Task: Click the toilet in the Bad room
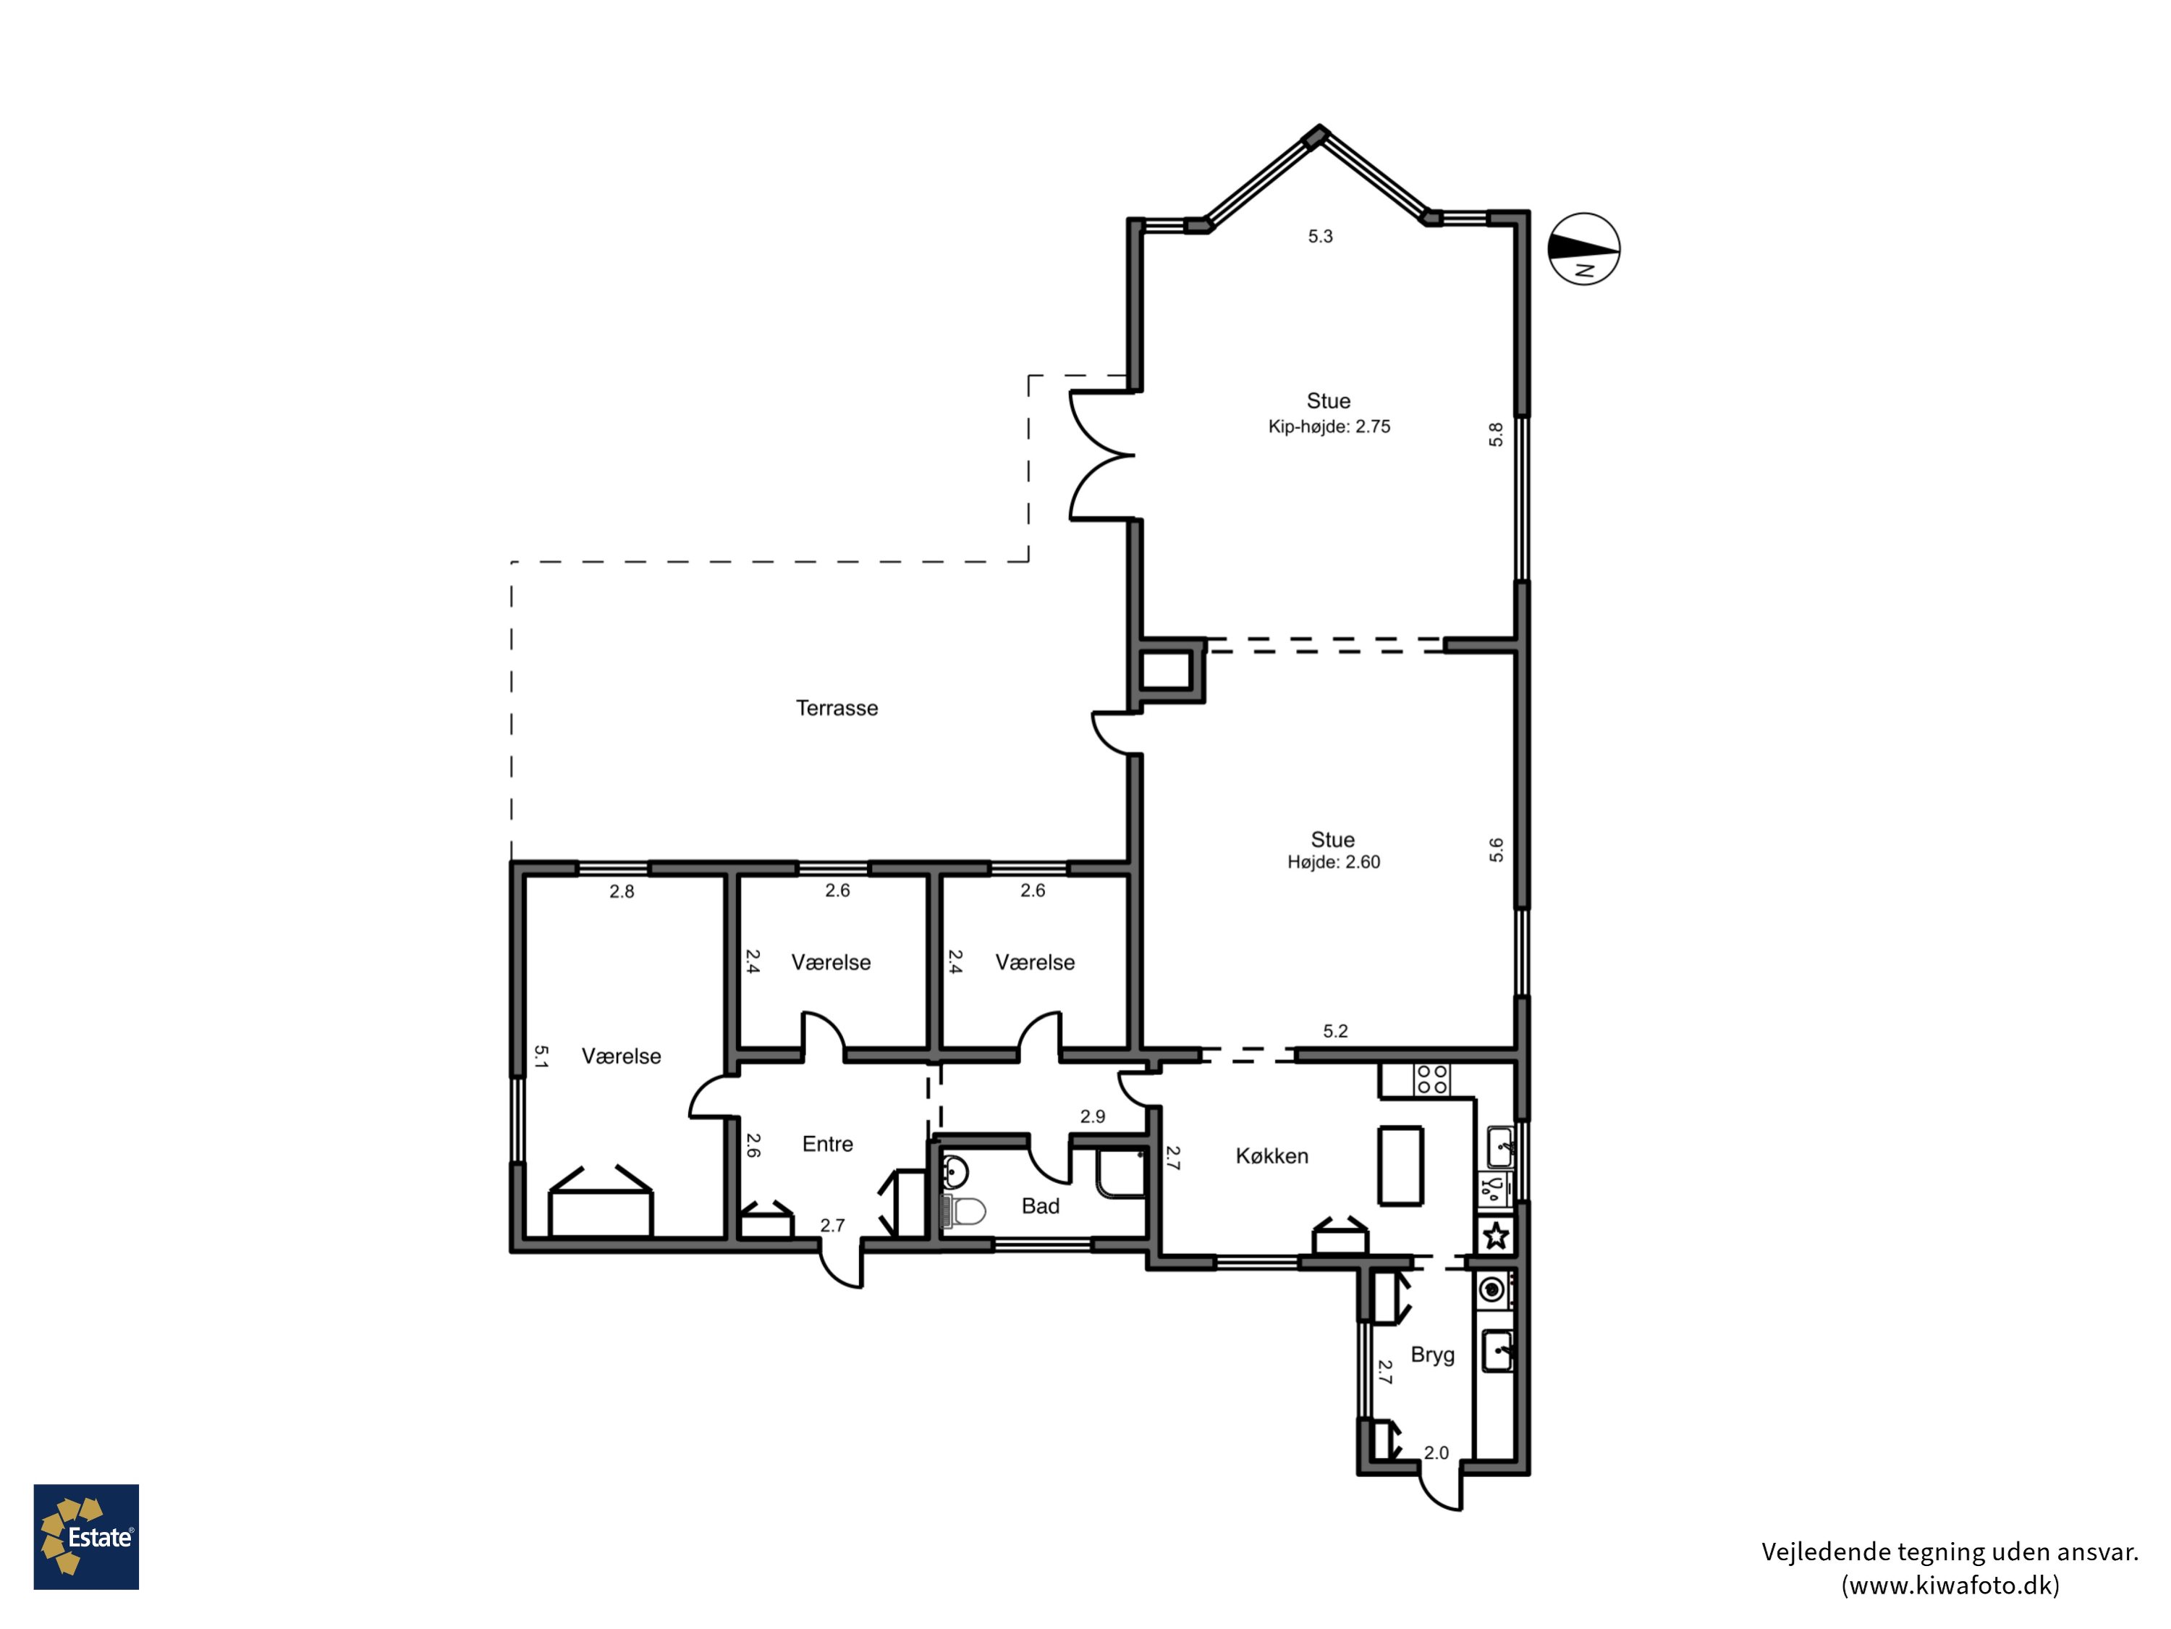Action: click(x=964, y=1211)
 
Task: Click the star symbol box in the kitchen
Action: click(x=1496, y=1235)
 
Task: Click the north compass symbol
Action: click(x=1583, y=248)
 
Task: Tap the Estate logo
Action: click(x=86, y=1537)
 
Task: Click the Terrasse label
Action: click(x=837, y=708)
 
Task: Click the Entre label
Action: click(x=827, y=1144)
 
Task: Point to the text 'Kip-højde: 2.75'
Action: click(x=1329, y=426)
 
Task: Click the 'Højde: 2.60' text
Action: click(x=1333, y=862)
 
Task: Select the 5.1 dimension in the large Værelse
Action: click(x=541, y=1056)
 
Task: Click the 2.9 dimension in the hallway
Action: click(x=1092, y=1116)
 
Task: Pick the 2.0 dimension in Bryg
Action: click(x=1436, y=1453)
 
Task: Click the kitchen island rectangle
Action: click(x=1400, y=1166)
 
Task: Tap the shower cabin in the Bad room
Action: click(x=1120, y=1172)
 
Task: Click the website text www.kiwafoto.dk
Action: click(x=1950, y=1585)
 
